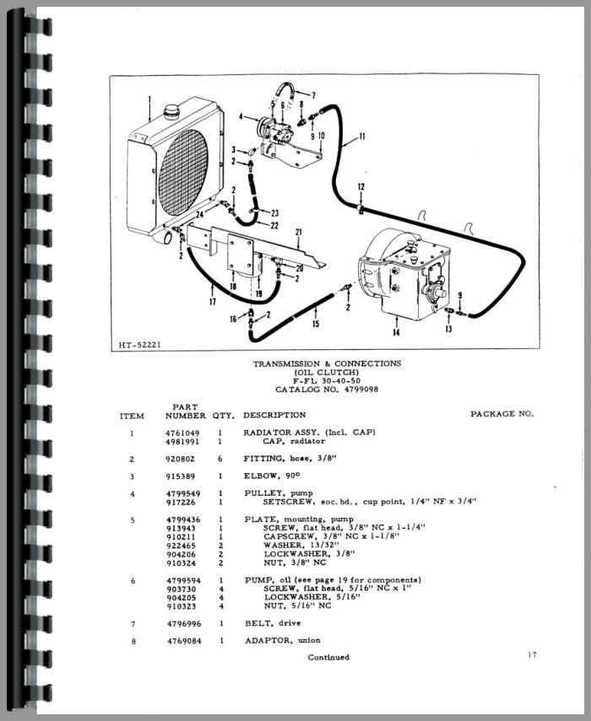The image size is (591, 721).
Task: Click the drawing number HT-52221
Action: tap(140, 344)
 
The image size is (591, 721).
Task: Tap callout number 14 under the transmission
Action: tap(396, 332)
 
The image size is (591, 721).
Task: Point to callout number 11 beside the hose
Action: tap(362, 136)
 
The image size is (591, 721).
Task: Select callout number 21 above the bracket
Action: tap(299, 232)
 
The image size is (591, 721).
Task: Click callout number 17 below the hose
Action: tap(212, 302)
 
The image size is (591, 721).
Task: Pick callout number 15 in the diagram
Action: tap(316, 324)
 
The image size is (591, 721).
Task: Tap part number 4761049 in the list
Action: tap(182, 433)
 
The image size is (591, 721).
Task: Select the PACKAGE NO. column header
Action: tap(502, 414)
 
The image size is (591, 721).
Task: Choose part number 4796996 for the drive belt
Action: tap(184, 623)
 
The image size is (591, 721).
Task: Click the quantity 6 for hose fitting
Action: tap(220, 459)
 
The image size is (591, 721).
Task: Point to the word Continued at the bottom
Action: tap(328, 657)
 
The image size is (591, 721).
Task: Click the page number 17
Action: tap(532, 654)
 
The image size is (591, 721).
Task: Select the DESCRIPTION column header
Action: tap(274, 415)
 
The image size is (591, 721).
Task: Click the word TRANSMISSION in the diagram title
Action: tap(286, 363)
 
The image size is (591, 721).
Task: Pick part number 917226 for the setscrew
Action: tap(181, 502)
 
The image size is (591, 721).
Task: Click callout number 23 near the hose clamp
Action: tap(274, 213)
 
